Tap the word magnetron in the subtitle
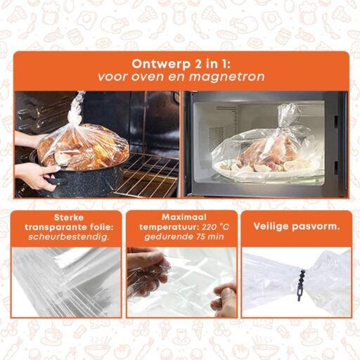pos(226,77)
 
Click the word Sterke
pos(69,217)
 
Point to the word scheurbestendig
pos(69,237)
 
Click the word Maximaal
pos(184,217)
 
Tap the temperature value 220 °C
pos(215,227)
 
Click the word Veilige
pos(271,226)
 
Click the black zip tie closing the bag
pos(300,285)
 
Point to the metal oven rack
pos(146,175)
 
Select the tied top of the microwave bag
pos(286,117)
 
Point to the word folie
pos(101,227)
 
